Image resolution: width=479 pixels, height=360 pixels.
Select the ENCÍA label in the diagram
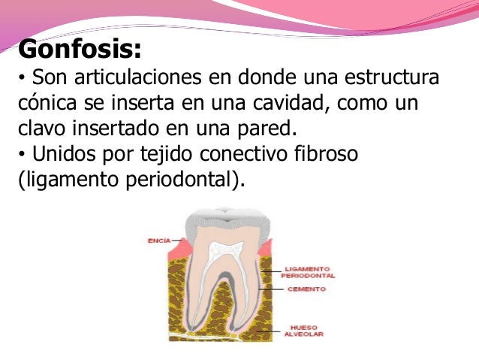(x=158, y=241)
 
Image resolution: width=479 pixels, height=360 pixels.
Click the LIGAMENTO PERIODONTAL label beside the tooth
(x=308, y=271)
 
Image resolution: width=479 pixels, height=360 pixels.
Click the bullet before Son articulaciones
(x=21, y=78)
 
